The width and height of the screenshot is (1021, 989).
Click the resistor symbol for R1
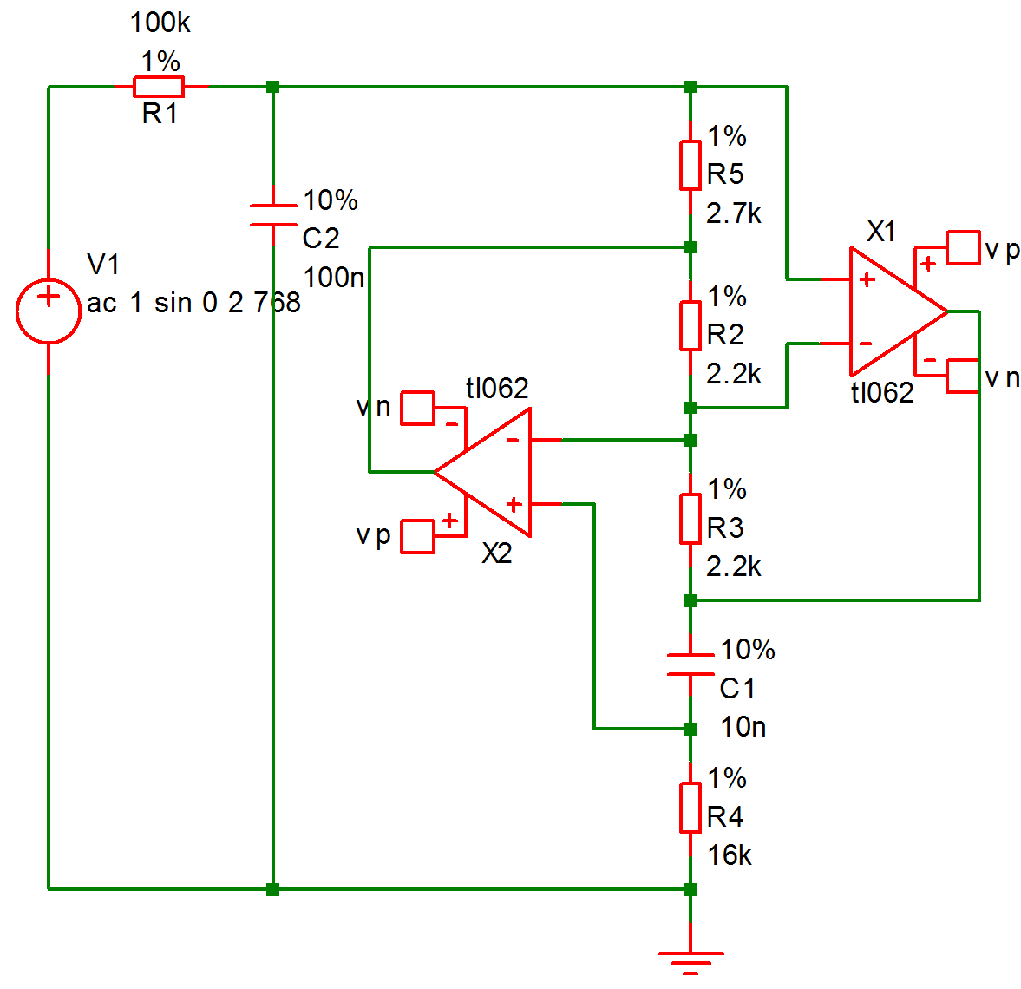(x=159, y=87)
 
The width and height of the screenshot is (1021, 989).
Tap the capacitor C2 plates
(x=273, y=215)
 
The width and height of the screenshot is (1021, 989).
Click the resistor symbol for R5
(x=690, y=165)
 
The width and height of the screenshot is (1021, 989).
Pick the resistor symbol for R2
(x=690, y=325)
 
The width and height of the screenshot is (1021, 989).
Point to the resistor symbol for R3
(x=690, y=519)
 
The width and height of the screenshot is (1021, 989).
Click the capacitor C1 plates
(x=690, y=665)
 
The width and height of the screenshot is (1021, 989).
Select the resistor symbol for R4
(x=690, y=808)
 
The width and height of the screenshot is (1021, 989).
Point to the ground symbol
(x=690, y=960)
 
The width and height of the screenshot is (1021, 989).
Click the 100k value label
(x=160, y=23)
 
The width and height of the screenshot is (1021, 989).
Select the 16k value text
(x=729, y=855)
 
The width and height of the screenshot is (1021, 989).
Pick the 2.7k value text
(x=734, y=213)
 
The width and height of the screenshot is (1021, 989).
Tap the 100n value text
(x=334, y=278)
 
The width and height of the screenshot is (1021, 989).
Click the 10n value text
(x=743, y=727)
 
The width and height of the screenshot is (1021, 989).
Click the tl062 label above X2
(x=496, y=388)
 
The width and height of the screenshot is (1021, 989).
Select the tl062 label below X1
(x=881, y=393)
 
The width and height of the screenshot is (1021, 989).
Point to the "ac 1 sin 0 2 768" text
(x=193, y=303)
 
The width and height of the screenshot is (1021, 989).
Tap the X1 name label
(x=881, y=232)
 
